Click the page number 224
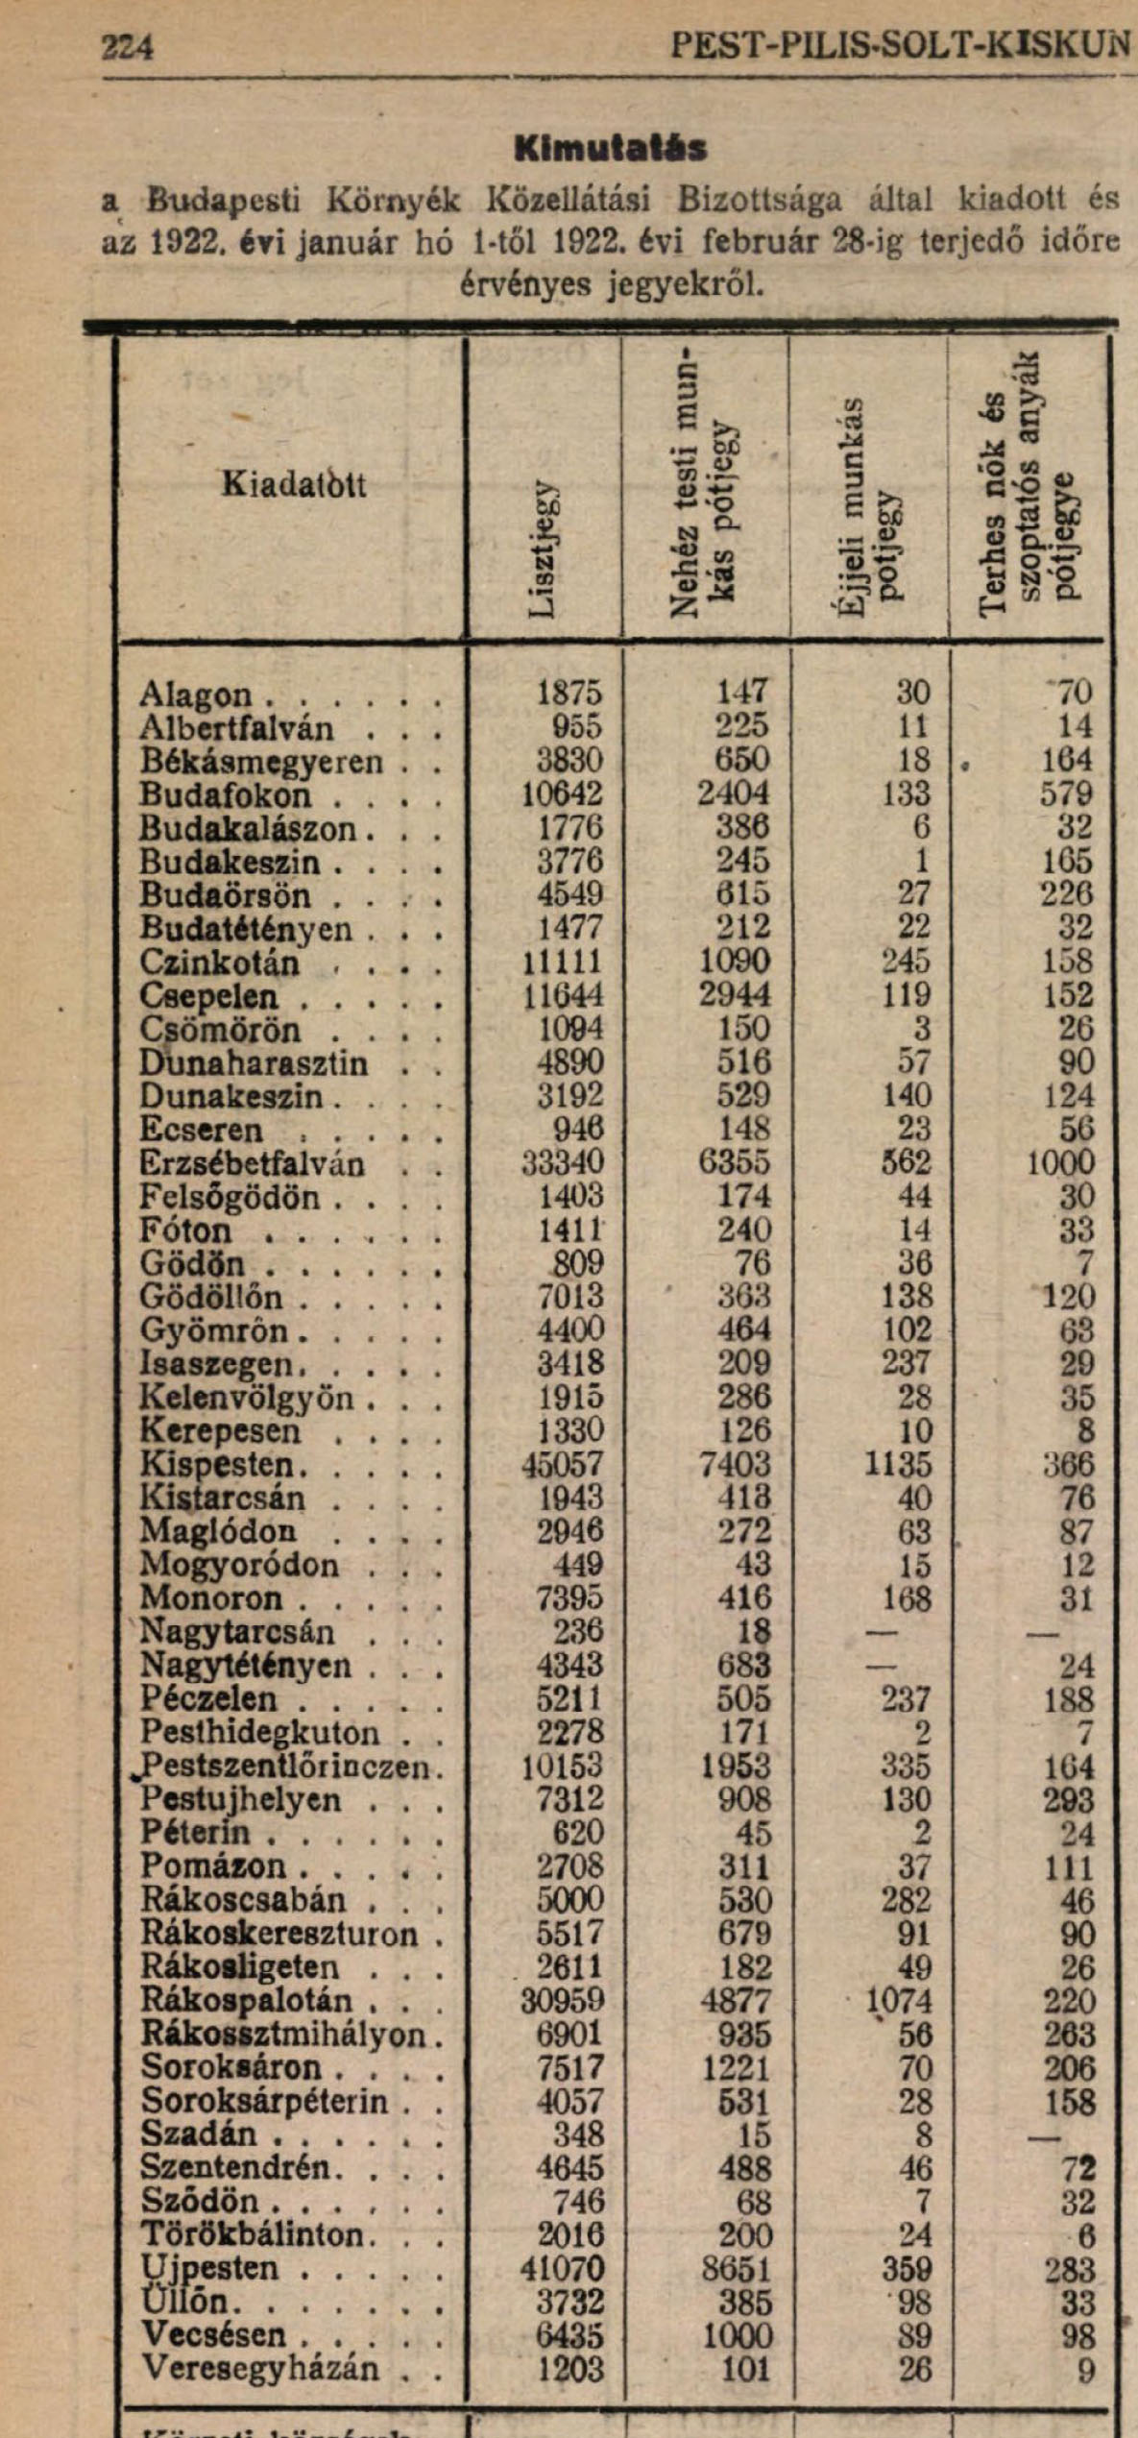click(127, 45)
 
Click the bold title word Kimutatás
click(611, 149)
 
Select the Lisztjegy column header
click(544, 548)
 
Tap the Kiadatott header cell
click(294, 484)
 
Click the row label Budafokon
click(226, 795)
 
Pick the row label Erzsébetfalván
click(252, 1164)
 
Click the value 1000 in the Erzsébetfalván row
click(1060, 1164)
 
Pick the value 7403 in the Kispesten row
click(736, 1465)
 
